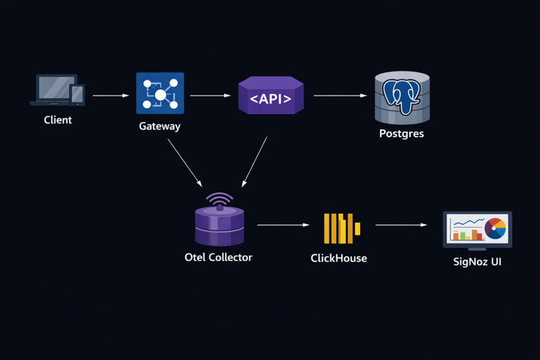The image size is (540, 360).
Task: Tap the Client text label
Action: [x=57, y=120]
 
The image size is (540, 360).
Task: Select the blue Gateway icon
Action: [x=160, y=93]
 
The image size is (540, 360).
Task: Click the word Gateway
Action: [x=159, y=126]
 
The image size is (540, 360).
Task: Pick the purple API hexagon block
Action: [x=271, y=96]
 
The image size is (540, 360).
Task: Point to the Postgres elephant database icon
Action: [x=402, y=97]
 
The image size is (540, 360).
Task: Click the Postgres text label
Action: [x=402, y=133]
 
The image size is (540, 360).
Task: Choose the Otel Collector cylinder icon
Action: [x=219, y=221]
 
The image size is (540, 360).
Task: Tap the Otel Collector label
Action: [x=218, y=257]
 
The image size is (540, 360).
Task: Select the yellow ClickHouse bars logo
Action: [x=342, y=228]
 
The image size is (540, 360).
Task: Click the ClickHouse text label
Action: [x=339, y=258]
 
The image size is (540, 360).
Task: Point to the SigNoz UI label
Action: [x=477, y=262]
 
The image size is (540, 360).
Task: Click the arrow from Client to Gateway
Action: [x=111, y=96]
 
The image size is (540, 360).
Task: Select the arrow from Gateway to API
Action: [x=210, y=96]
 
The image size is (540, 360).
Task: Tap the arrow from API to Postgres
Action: [x=340, y=96]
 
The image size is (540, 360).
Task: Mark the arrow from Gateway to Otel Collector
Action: [x=184, y=162]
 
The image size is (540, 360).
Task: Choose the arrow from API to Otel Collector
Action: [x=254, y=162]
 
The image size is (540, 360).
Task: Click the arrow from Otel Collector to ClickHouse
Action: [x=283, y=225]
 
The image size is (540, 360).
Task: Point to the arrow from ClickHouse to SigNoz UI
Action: [x=402, y=225]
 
